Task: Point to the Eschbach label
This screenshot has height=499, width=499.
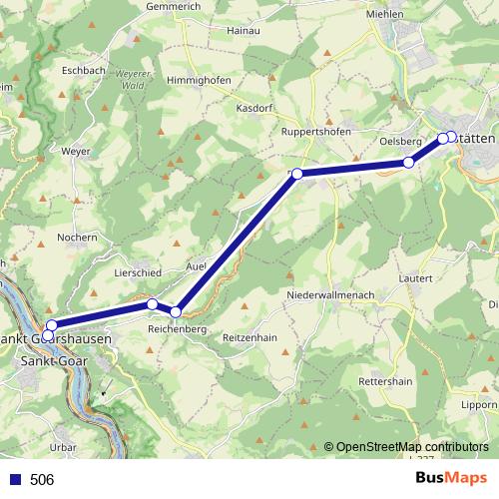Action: point(83,71)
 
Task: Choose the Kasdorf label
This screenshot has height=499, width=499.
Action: point(254,107)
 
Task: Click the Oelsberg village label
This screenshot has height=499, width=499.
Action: point(399,141)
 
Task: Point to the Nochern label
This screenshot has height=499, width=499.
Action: point(77,238)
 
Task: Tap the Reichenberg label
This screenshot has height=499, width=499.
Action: point(177,328)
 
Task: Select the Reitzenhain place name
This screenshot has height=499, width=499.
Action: point(249,337)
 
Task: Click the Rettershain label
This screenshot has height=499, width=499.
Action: point(385,382)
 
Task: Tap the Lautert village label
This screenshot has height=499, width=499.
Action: point(414,277)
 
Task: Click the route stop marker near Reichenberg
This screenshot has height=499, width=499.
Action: point(176,312)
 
